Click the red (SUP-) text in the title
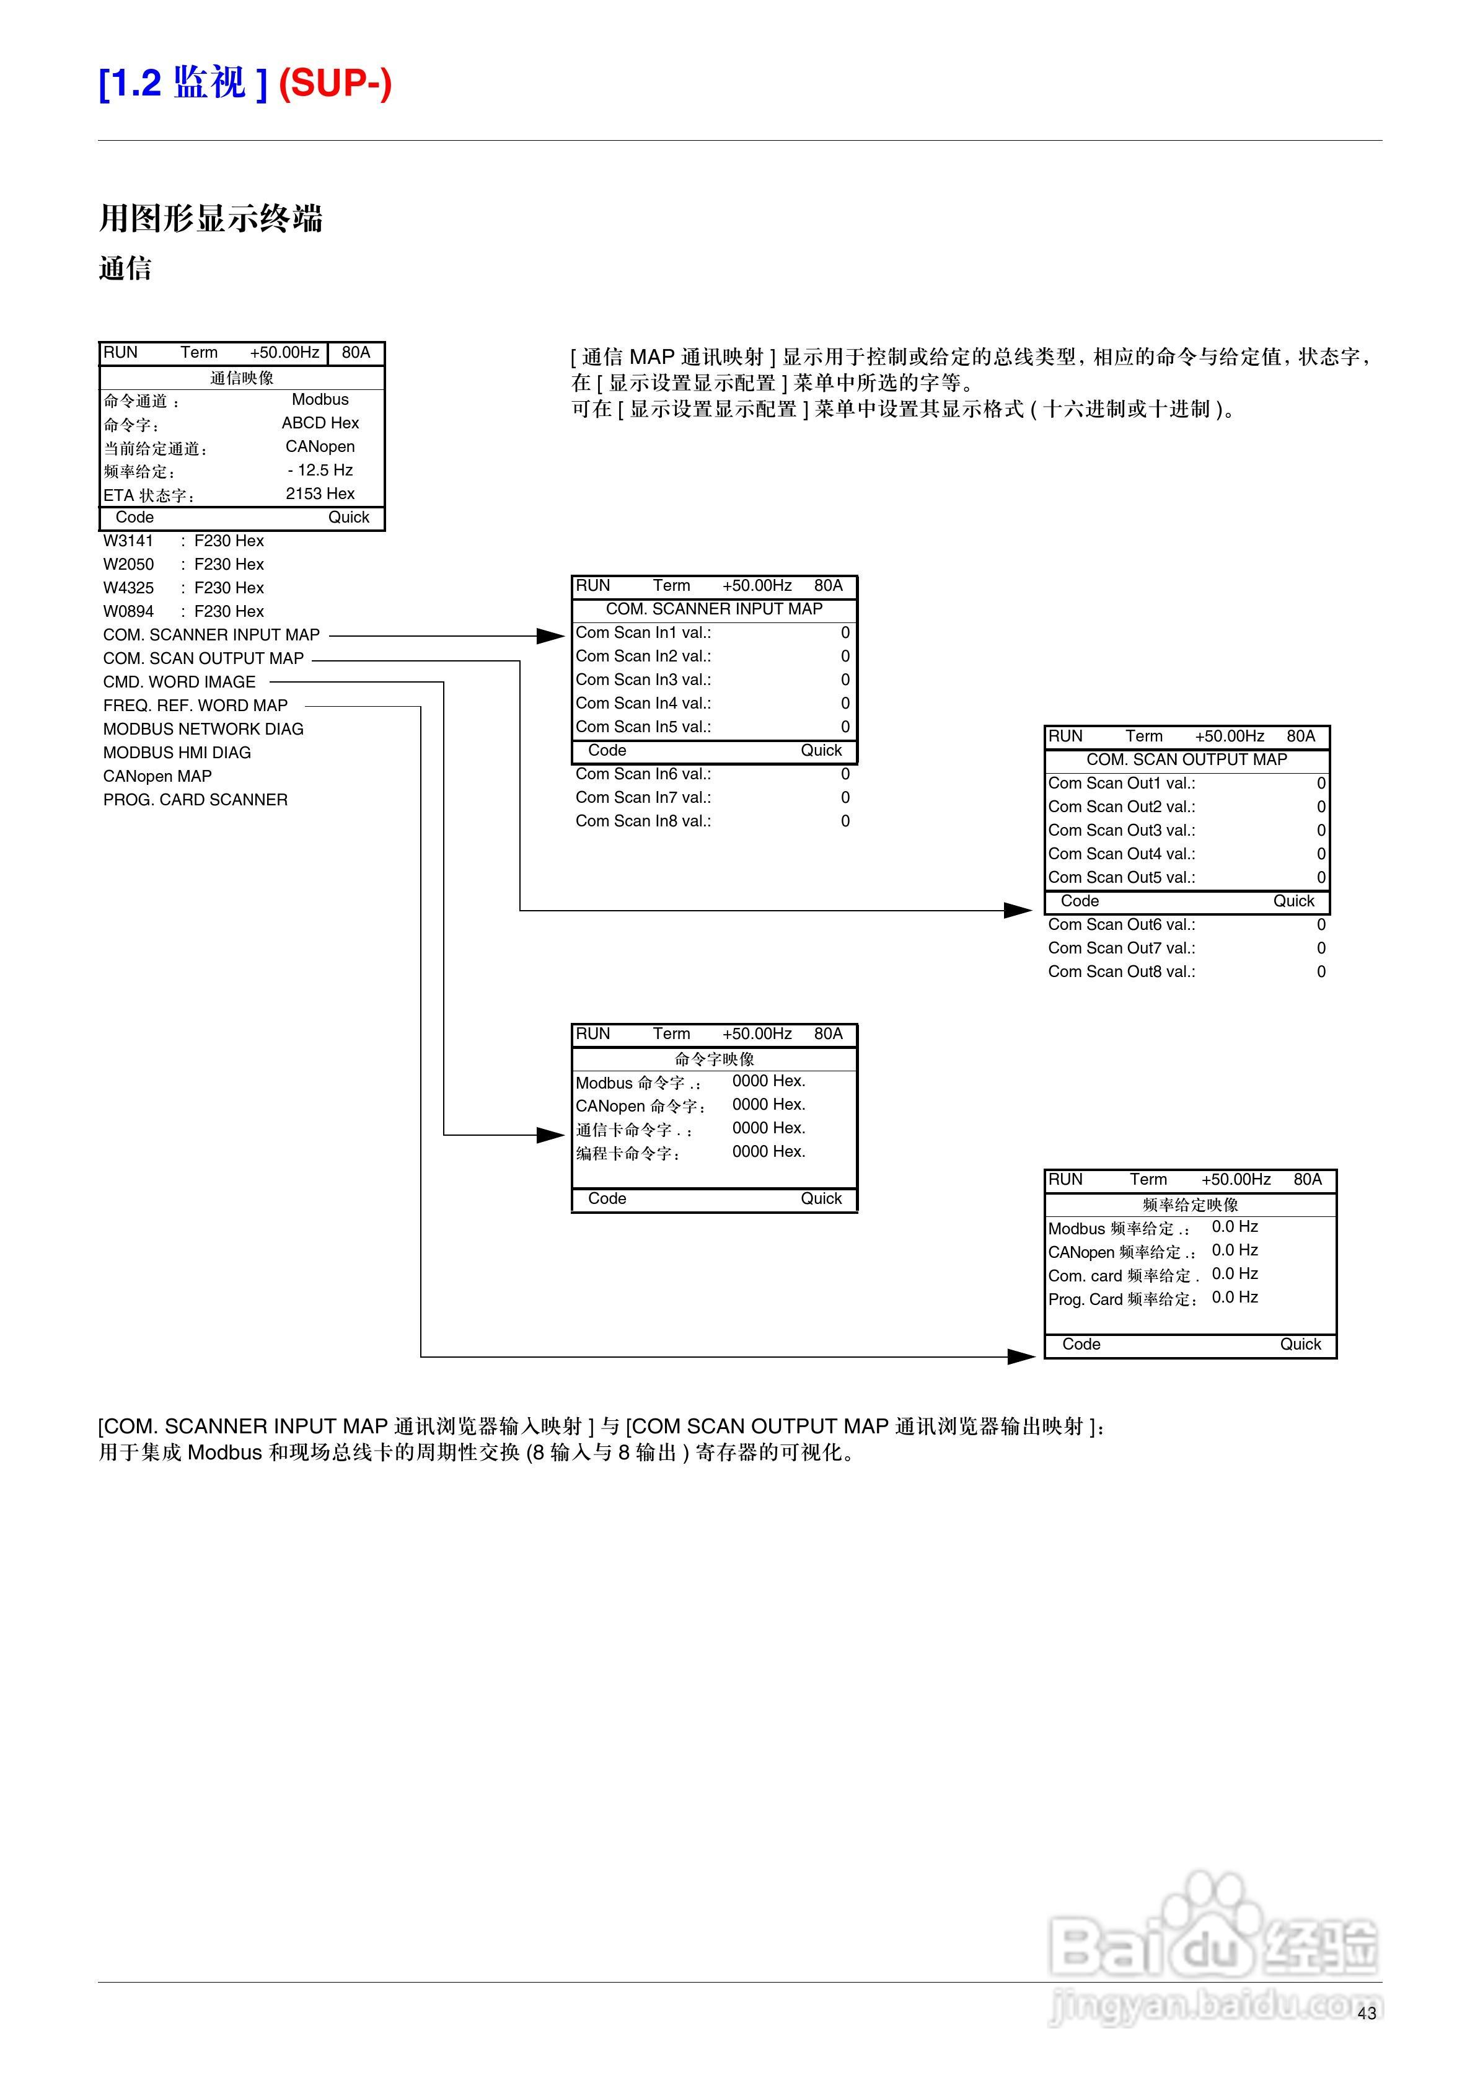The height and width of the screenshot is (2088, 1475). [335, 84]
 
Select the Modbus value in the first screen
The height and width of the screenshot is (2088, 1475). [319, 399]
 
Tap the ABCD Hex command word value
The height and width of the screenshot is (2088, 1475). [319, 423]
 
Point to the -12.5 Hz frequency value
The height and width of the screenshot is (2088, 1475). [319, 470]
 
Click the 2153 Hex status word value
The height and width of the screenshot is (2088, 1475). [319, 494]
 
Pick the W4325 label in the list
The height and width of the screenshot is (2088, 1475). [128, 588]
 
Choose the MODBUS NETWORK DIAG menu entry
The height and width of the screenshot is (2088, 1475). [203, 729]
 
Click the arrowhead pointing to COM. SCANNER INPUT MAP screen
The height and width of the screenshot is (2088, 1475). [551, 635]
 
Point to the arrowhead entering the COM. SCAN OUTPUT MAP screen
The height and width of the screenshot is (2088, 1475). [1018, 910]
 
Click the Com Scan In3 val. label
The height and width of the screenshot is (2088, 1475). [643, 679]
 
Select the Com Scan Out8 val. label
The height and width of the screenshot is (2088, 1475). [1121, 971]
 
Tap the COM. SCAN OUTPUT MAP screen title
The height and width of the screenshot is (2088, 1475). [1187, 759]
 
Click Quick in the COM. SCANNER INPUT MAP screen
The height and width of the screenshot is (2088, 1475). [821, 750]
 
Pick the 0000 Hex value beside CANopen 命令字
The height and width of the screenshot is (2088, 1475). [768, 1104]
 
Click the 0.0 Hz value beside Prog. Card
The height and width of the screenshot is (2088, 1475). [1234, 1297]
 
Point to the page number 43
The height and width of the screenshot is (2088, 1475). [1366, 2014]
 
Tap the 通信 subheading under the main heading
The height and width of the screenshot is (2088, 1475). [125, 268]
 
